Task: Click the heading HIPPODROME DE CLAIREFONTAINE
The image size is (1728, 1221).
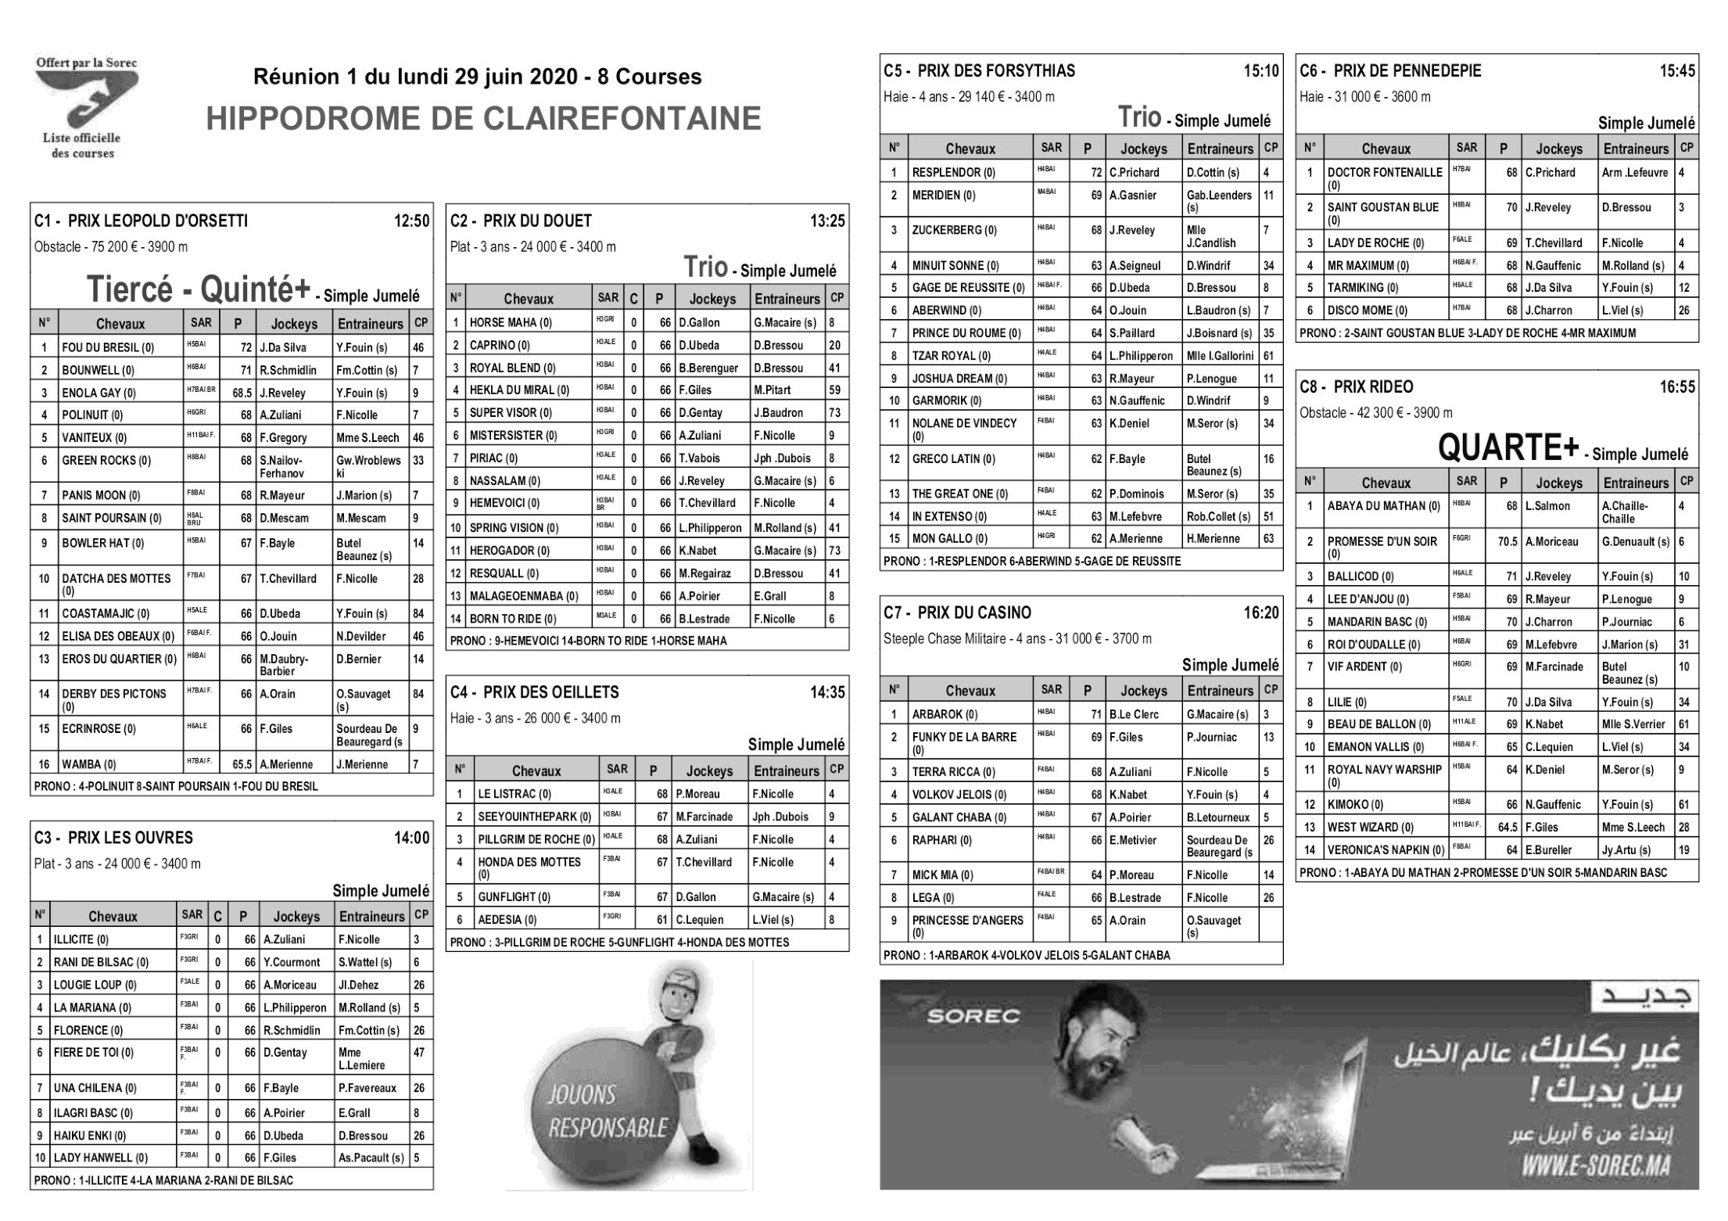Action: click(x=483, y=119)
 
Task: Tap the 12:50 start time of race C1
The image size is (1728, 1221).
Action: click(x=412, y=221)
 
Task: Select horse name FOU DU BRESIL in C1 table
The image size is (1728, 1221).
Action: click(x=108, y=348)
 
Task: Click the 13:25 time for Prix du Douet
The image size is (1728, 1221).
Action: click(x=828, y=221)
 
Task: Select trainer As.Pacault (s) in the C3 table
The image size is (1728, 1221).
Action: click(x=371, y=1158)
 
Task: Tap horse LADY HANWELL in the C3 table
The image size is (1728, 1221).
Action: click(x=100, y=1158)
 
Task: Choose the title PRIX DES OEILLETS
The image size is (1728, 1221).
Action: click(x=550, y=692)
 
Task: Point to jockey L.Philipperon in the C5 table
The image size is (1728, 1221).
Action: click(x=1141, y=356)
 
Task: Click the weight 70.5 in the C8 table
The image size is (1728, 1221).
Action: click(x=1507, y=541)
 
